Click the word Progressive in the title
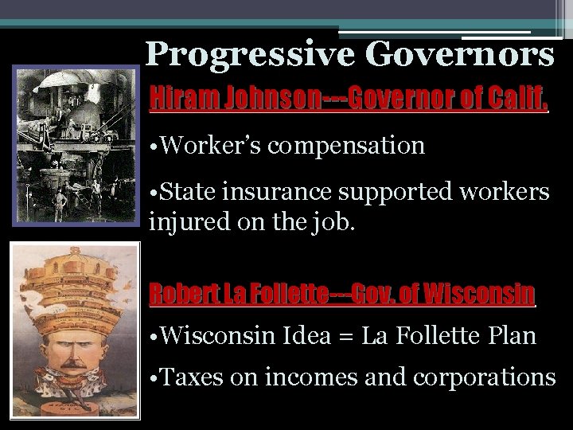(249, 55)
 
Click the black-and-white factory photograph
(76, 147)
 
